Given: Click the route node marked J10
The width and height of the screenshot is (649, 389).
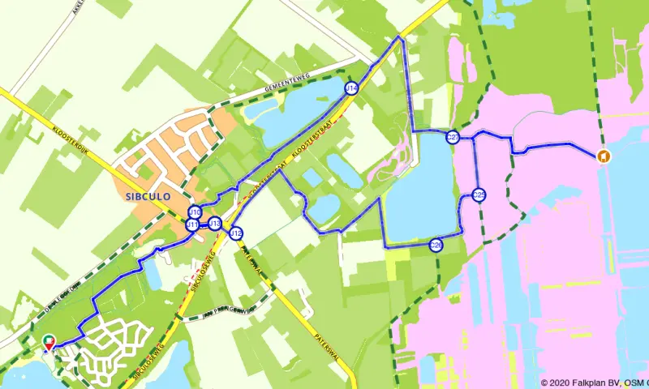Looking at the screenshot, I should [195, 212].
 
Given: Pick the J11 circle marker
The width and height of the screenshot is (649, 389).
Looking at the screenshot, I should [192, 224].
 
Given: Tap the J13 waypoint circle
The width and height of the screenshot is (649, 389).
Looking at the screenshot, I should [215, 224].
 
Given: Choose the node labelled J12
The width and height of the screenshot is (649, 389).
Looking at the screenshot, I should [236, 234].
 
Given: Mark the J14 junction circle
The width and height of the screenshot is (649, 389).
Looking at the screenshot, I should [350, 88].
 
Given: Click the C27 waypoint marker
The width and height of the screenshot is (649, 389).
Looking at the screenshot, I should [453, 138].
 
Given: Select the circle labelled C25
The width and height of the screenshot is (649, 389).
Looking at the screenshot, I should [479, 195].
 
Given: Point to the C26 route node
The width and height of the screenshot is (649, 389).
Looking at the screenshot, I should [436, 245].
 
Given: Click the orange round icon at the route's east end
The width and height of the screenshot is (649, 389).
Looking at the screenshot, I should [603, 156].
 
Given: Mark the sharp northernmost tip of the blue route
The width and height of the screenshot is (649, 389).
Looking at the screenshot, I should [399, 37].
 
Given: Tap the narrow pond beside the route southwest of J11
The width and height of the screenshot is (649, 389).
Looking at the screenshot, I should [153, 275].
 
